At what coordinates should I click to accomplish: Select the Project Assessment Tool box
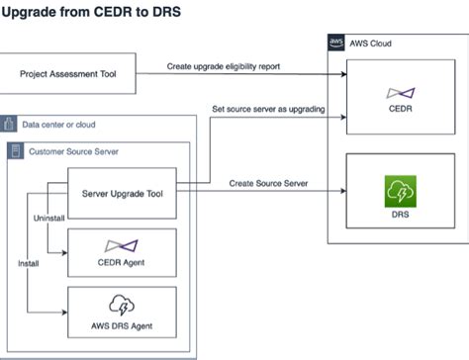(68, 75)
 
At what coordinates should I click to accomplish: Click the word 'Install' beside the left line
(29, 264)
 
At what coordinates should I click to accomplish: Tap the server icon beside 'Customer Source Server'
(17, 150)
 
